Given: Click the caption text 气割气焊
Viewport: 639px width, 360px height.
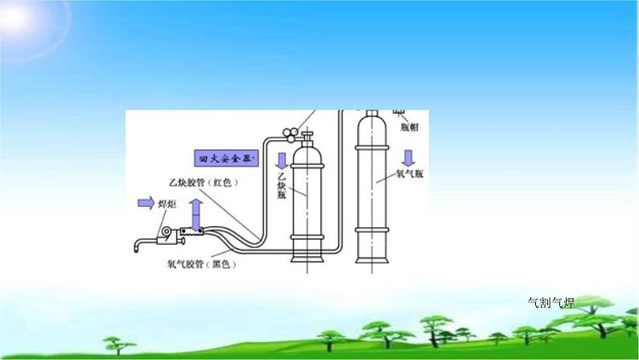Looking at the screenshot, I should (x=551, y=303).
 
